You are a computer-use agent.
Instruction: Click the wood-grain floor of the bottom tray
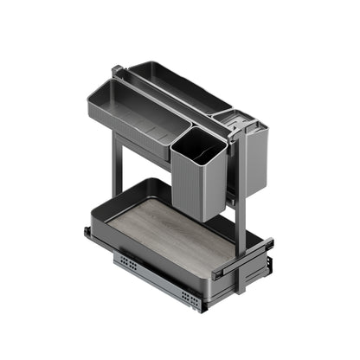(x=173, y=235)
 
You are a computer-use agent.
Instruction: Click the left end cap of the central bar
(x=117, y=69)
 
